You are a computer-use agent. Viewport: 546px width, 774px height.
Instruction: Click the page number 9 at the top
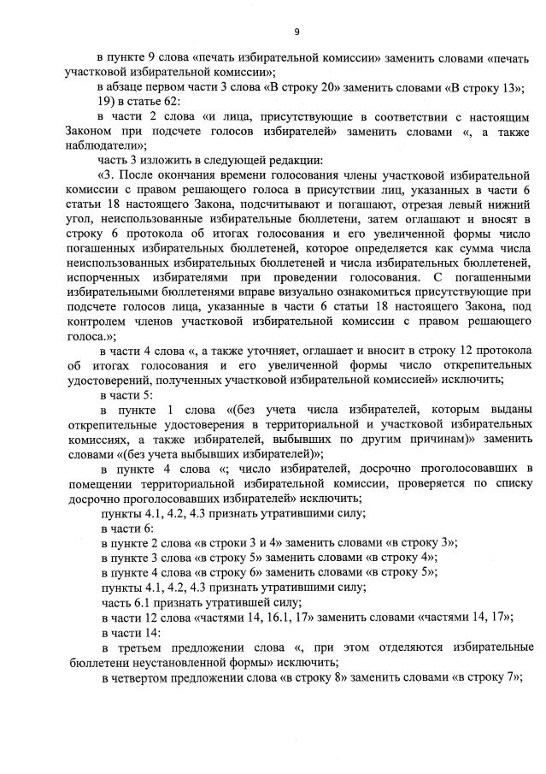coord(296,31)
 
